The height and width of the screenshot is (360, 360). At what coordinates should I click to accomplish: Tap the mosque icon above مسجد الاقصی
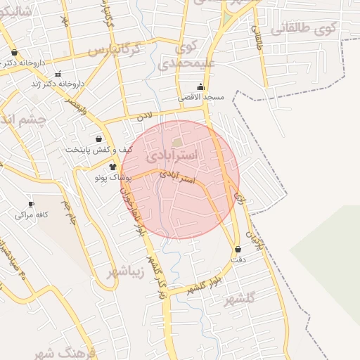[x=201, y=87]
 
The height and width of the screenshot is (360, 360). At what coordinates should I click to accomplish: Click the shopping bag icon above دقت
[x=238, y=250]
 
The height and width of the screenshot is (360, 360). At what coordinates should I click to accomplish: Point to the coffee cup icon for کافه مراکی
[x=31, y=204]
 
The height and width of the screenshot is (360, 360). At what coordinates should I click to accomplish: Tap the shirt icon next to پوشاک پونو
[x=112, y=167]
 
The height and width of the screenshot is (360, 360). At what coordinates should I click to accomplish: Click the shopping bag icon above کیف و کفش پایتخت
[x=98, y=139]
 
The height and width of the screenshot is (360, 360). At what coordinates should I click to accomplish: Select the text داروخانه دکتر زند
[x=62, y=84]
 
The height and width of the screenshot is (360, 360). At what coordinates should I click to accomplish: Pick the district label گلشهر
[x=238, y=300]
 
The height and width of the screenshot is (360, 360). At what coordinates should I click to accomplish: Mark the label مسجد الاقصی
[x=200, y=98]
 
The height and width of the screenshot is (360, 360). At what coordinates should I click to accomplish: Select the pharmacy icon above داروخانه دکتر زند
[x=58, y=72]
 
